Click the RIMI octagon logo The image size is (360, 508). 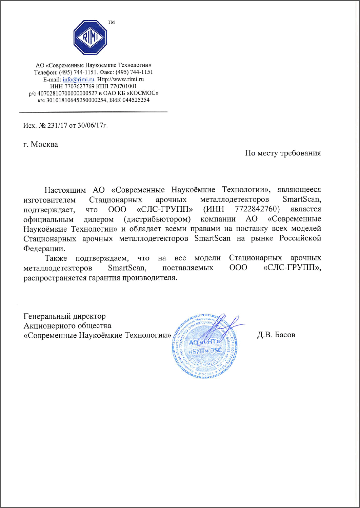coord(90,37)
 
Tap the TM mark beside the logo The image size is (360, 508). coord(111,22)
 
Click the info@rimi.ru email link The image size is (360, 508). coord(78,79)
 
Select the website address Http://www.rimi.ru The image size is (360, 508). coord(120,79)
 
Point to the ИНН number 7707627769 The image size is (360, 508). coord(80,86)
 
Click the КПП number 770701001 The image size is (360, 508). coord(123,86)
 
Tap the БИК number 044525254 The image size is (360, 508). coord(136,100)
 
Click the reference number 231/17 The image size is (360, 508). coord(57,125)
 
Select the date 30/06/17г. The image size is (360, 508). coord(93,125)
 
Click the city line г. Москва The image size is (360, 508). coord(41,144)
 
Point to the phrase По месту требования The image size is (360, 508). coord(283,153)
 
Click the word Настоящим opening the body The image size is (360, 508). coord(65,190)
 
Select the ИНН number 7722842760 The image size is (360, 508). coord(257,209)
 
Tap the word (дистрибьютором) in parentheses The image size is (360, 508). coord(157,219)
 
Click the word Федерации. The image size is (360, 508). coord(44,249)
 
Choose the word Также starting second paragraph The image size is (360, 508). coord(56,258)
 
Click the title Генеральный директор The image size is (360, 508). coord(64,316)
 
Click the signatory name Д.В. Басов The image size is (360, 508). coord(276,335)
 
